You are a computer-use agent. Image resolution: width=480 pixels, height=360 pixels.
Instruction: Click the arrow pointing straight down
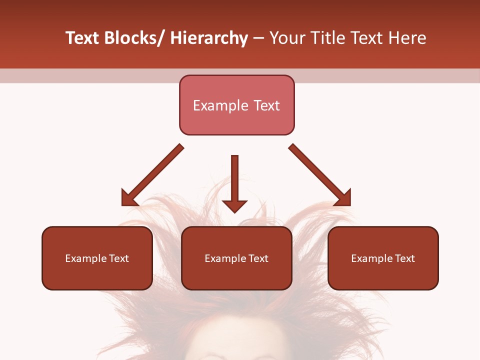coord(234,182)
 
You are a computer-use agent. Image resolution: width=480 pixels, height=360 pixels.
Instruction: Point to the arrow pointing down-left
coord(152,175)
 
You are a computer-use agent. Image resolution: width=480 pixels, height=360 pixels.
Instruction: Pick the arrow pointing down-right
coord(320,175)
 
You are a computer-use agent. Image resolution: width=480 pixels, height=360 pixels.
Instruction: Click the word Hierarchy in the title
coord(209,38)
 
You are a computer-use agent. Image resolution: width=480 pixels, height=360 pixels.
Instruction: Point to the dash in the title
coord(258,38)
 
